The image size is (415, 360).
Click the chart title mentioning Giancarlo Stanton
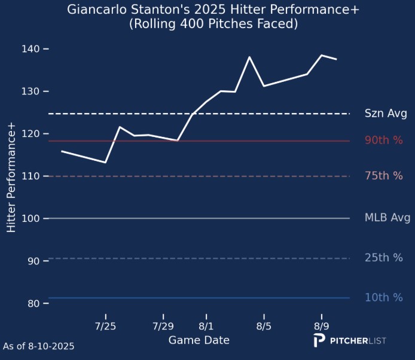(208, 10)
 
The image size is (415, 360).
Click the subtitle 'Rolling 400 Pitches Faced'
(208, 24)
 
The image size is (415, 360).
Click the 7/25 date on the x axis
(105, 327)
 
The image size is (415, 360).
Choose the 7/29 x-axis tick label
(163, 327)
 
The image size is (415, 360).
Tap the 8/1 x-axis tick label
(206, 327)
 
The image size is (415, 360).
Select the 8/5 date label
(264, 327)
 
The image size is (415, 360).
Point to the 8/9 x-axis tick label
(322, 327)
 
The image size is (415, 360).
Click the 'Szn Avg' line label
(386, 114)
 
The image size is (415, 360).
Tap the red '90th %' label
(384, 141)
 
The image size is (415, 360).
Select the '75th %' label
(384, 176)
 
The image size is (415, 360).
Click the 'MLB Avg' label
(387, 218)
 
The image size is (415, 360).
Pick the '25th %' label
(384, 258)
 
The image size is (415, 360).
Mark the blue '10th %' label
(384, 298)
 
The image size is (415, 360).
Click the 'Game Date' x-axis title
(199, 340)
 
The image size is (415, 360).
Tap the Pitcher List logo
(350, 341)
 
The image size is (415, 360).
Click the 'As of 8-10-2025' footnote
(39, 346)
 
